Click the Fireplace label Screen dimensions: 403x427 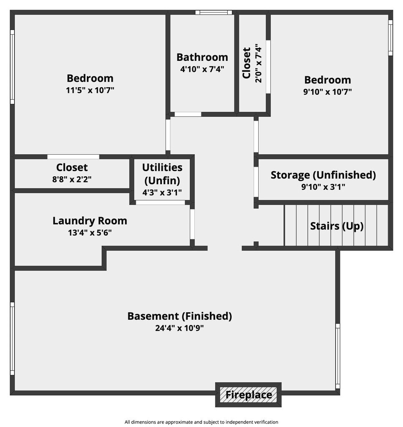[x=249, y=394]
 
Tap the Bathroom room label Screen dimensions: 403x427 [x=202, y=57]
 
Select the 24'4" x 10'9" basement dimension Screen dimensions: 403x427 [x=179, y=328]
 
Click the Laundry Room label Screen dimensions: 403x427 [x=90, y=221]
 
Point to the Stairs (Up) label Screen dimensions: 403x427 [x=337, y=226]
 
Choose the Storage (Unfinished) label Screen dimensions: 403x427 [x=323, y=175]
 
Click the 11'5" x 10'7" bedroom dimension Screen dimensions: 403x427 [x=90, y=90]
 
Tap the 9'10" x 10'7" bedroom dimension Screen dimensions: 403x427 [x=327, y=92]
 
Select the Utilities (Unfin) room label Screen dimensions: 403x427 [x=162, y=174]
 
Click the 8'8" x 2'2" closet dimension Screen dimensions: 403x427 [x=72, y=179]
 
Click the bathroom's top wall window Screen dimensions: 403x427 [x=214, y=12]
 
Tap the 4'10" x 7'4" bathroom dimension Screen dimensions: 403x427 [x=202, y=69]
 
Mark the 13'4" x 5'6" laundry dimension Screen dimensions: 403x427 [x=90, y=233]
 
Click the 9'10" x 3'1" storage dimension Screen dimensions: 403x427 [x=323, y=187]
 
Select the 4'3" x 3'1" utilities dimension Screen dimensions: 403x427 [x=162, y=193]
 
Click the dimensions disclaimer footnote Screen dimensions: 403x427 [x=201, y=422]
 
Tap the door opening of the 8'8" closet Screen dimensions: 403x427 [x=73, y=157]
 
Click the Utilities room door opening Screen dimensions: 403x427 [x=161, y=202]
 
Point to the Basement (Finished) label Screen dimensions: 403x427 [x=179, y=316]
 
